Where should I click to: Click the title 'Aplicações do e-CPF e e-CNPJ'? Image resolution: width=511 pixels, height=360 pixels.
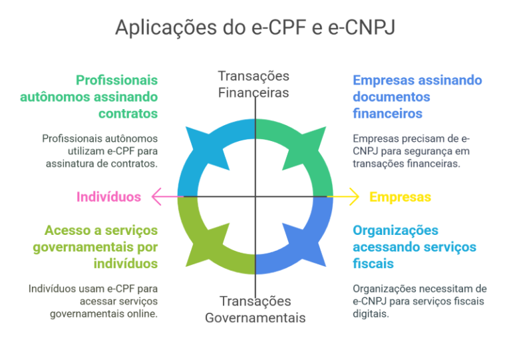pyautogui.click(x=255, y=27)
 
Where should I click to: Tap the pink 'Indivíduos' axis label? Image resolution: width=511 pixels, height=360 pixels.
pyautogui.click(x=108, y=197)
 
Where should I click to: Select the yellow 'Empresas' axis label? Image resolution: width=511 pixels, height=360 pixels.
pyautogui.click(x=400, y=197)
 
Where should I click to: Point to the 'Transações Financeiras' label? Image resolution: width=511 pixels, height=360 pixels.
pyautogui.click(x=254, y=85)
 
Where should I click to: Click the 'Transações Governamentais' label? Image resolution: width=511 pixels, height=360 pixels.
pyautogui.click(x=255, y=309)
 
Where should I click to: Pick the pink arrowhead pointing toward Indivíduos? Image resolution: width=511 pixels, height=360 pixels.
pyautogui.click(x=157, y=196)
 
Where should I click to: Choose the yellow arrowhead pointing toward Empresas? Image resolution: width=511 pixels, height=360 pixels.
pyautogui.click(x=354, y=196)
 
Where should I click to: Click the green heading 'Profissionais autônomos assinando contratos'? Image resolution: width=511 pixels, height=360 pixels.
pyautogui.click(x=89, y=96)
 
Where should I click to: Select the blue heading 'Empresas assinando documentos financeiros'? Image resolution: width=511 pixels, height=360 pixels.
pyautogui.click(x=417, y=96)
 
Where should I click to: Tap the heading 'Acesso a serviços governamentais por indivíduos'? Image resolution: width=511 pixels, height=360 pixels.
pyautogui.click(x=95, y=247)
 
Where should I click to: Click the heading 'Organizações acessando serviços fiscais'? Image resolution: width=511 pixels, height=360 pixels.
pyautogui.click(x=415, y=247)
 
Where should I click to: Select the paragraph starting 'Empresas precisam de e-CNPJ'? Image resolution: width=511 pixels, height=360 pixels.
pyautogui.click(x=411, y=151)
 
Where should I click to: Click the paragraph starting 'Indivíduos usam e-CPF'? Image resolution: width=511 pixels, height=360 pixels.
pyautogui.click(x=93, y=301)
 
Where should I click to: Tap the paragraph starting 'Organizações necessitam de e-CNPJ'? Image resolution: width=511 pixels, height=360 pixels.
pyautogui.click(x=420, y=301)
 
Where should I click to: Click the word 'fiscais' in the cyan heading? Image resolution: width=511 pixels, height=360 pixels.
pyautogui.click(x=373, y=264)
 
